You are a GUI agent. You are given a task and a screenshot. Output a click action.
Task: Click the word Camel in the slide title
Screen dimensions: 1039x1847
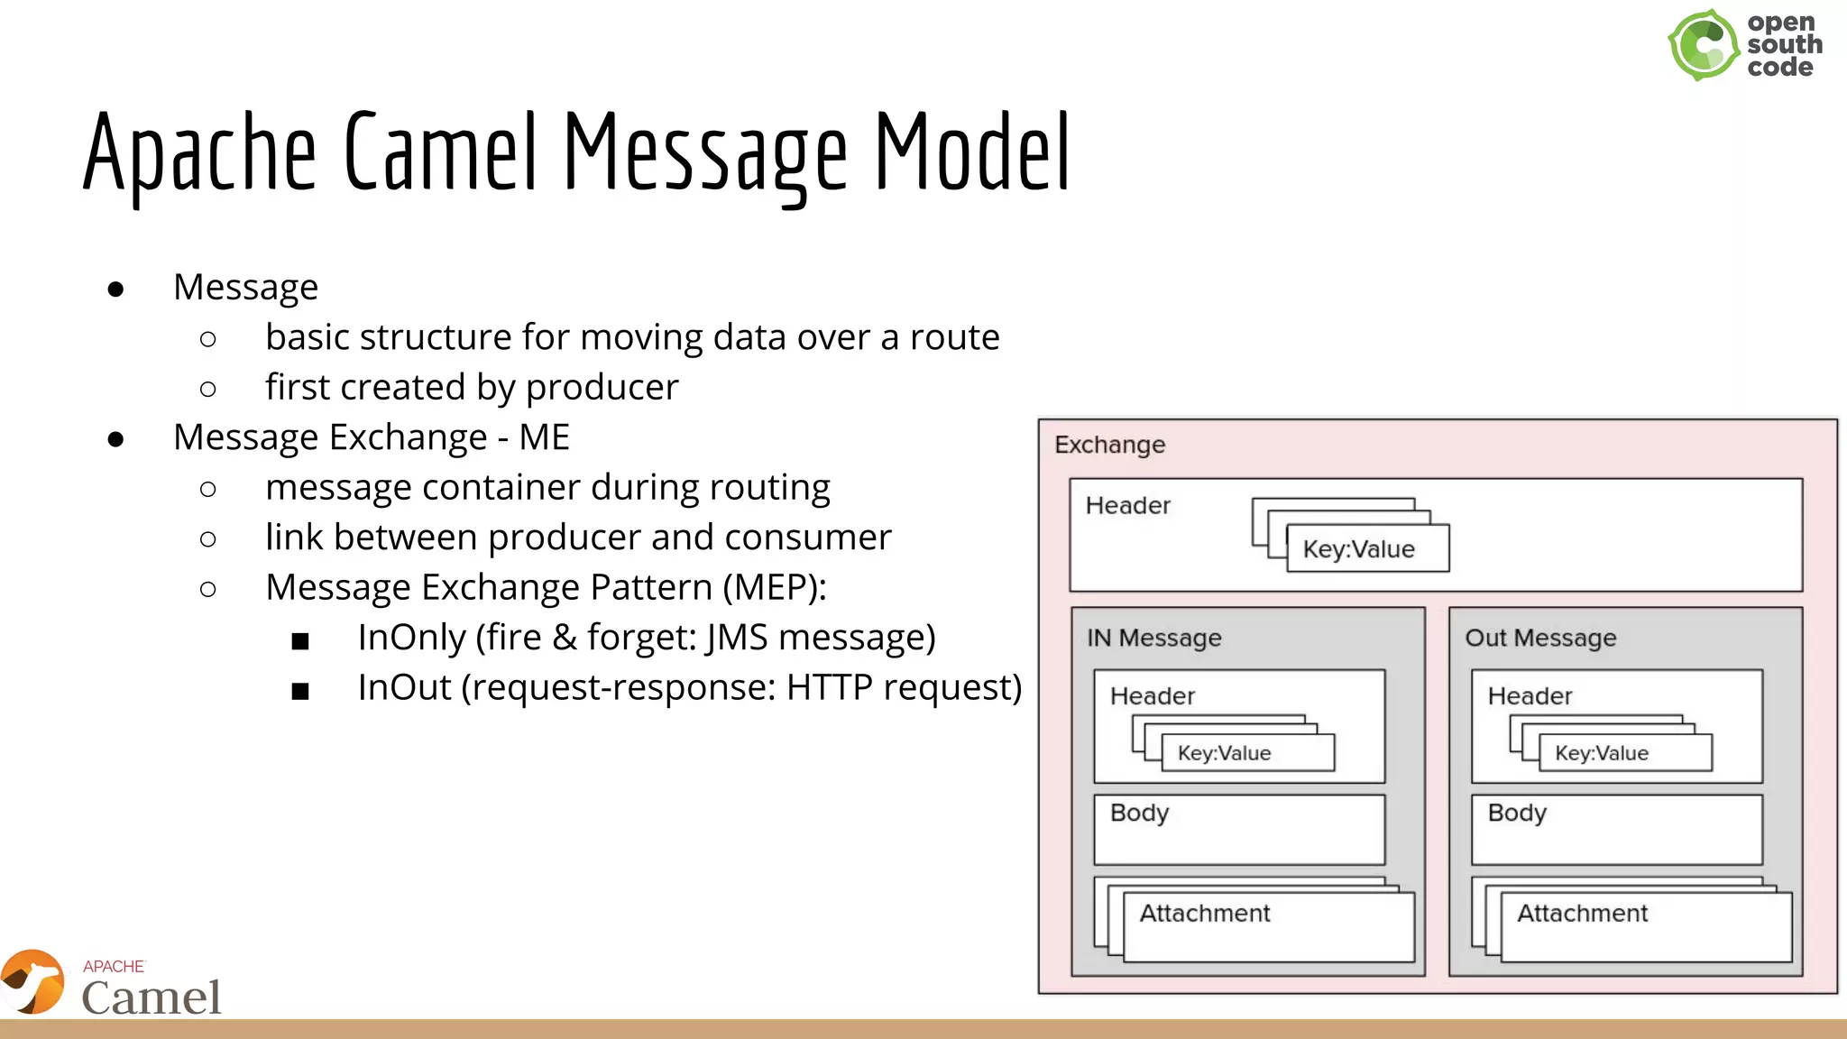[440, 153]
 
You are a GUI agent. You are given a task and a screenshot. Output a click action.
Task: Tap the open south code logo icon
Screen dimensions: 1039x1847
[1703, 45]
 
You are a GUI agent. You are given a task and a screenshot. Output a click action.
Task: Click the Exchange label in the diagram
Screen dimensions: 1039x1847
[1109, 445]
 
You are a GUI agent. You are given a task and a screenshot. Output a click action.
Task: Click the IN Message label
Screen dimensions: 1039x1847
[1153, 638]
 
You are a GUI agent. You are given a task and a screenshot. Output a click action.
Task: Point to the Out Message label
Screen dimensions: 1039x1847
[1539, 638]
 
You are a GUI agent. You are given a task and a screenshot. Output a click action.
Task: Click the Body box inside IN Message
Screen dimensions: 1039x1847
[1238, 830]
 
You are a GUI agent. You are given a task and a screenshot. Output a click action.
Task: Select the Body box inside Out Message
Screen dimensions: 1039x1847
[1616, 830]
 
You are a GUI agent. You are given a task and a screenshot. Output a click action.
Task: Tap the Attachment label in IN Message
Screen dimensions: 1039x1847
[1204, 914]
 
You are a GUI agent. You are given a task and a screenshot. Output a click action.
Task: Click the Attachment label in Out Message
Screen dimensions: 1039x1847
[1582, 914]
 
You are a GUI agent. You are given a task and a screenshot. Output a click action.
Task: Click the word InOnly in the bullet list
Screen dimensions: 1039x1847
[411, 638]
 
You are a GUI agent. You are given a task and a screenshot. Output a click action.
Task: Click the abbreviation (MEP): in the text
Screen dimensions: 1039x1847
[775, 588]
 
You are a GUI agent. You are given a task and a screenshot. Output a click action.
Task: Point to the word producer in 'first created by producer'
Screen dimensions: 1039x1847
[602, 388]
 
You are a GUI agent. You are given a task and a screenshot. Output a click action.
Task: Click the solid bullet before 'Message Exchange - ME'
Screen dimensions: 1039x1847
[115, 439]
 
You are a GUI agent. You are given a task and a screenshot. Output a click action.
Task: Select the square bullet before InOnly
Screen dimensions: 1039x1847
[300, 641]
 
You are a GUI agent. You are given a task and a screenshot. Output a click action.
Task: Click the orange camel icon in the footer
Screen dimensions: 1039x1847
[33, 981]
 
